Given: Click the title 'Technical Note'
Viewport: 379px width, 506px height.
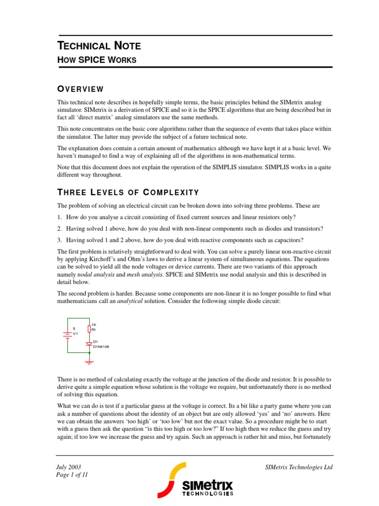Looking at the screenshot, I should [99, 46].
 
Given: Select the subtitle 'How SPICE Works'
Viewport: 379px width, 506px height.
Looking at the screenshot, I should [97, 60].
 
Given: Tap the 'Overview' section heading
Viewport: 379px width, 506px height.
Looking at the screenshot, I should [80, 89].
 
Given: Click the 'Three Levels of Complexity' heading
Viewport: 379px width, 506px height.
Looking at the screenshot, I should [128, 192].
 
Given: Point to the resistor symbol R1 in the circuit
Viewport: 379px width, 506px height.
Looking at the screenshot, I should [89, 329].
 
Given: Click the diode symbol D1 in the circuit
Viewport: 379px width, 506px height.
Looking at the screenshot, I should [89, 343].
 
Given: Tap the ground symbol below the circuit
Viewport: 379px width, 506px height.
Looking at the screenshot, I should [89, 362].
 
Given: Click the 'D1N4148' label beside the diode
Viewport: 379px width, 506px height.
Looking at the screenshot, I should [101, 347].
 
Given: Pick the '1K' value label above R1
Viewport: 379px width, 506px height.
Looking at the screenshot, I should [94, 324].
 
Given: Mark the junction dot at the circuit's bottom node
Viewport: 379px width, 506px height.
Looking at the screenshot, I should [89, 353].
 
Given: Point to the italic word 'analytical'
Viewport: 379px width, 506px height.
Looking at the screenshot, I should [131, 300].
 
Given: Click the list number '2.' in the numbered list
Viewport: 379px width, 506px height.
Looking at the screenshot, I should [59, 228].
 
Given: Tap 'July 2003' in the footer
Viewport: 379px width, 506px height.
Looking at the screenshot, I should [69, 467].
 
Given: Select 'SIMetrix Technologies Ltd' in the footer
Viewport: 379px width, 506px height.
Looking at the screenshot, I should [299, 467].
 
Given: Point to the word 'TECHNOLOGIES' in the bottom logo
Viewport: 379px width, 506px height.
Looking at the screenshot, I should [208, 493].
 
